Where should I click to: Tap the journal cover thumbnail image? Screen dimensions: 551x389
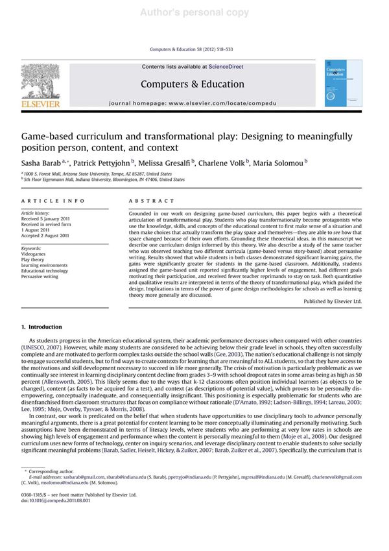(x=344, y=83)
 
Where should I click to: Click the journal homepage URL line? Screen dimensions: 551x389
(x=193, y=103)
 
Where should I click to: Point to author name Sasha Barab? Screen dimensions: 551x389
(x=42, y=163)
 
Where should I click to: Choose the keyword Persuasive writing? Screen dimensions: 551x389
(x=40, y=277)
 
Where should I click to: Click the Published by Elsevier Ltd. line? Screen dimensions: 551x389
(x=333, y=301)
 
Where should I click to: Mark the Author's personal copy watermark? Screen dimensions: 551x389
(x=194, y=12)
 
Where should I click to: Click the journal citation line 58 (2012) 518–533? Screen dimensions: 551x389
(x=194, y=49)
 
